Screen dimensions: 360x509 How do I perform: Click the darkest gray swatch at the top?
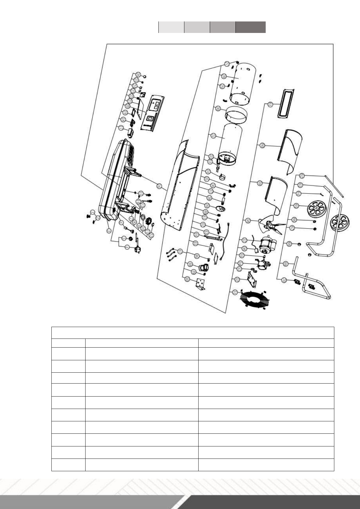pyautogui.click(x=251, y=27)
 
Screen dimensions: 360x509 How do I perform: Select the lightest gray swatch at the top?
pyautogui.click(x=171, y=27)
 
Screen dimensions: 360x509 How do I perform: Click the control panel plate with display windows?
pyautogui.click(x=153, y=113)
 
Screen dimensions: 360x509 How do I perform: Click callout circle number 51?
pyautogui.click(x=235, y=292)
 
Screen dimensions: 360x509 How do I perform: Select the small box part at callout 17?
pyautogui.click(x=131, y=132)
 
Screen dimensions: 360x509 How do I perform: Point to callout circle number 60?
pyautogui.click(x=260, y=183)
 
